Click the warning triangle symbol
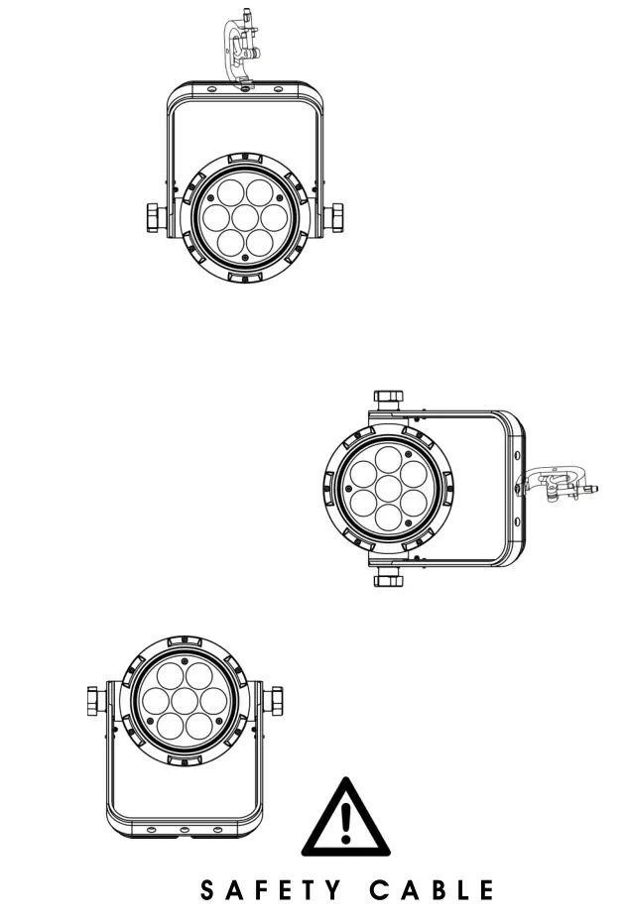point(345,819)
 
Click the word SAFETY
point(267,890)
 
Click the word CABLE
point(432,890)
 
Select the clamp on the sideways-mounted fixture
point(560,485)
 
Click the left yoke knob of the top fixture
point(155,216)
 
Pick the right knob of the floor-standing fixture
point(272,700)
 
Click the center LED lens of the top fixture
point(245,216)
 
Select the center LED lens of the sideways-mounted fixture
point(388,488)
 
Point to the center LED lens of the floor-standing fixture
point(184,701)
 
